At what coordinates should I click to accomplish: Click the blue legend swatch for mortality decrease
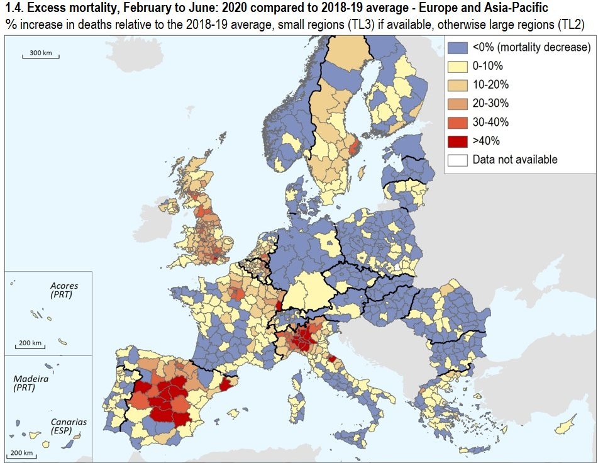pos(457,47)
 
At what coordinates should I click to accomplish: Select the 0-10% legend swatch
pos(457,66)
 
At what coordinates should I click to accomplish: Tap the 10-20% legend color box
pos(457,84)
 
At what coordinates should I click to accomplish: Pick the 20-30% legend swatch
pos(457,103)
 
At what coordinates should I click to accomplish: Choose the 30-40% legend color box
pos(457,122)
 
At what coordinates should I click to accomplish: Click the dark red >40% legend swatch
pos(457,141)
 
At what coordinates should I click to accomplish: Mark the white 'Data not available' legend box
pos(457,160)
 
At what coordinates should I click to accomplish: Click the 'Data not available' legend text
pos(515,160)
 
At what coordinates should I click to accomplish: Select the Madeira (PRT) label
pos(31,384)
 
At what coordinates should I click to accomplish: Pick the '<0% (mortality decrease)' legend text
pos(531,47)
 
